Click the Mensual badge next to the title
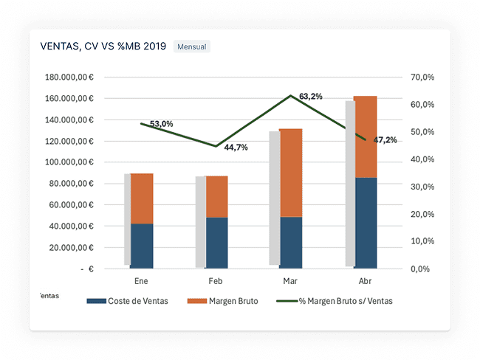pyautogui.click(x=192, y=46)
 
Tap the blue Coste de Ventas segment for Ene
pyautogui.click(x=142, y=246)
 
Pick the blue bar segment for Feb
pyautogui.click(x=216, y=243)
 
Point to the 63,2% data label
pyautogui.click(x=311, y=97)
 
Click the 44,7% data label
pyautogui.click(x=236, y=148)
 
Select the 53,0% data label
pyautogui.click(x=161, y=124)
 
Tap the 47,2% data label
pyautogui.click(x=385, y=140)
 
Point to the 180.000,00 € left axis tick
pyautogui.click(x=69, y=77)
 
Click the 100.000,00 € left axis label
pyautogui.click(x=69, y=162)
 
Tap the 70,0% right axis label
pyautogui.click(x=421, y=77)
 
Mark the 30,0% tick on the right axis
pyautogui.click(x=421, y=187)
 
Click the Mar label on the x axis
pyautogui.click(x=289, y=281)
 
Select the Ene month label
pyautogui.click(x=140, y=281)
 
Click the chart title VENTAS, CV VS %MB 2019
pyautogui.click(x=103, y=46)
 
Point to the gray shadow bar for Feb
pyautogui.click(x=200, y=221)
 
